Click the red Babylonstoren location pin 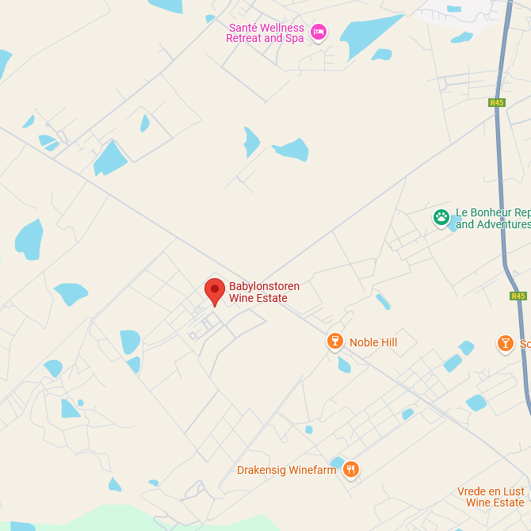pos(214,291)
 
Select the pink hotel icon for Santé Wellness pos(319,32)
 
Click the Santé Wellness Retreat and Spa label pos(265,32)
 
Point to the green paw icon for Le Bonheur pos(441,216)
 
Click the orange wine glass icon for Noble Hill pos(335,342)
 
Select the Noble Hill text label pos(373,342)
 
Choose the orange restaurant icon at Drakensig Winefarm pos(351,470)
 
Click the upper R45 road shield pos(497,102)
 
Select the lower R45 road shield pos(518,296)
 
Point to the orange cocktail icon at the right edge pos(506,343)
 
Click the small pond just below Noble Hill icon pos(344,365)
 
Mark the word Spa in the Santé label pos(294,38)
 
